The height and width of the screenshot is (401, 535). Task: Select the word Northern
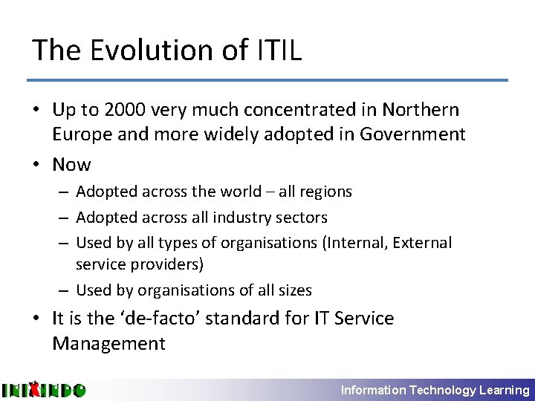coord(421,110)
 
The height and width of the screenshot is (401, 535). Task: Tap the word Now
coord(71,165)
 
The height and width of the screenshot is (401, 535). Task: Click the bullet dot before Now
coord(37,165)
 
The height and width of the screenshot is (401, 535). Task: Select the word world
coord(241,192)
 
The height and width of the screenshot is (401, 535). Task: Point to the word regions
coord(324,192)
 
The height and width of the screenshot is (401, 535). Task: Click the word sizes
coord(293,290)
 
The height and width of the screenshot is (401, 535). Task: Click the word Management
coord(108,344)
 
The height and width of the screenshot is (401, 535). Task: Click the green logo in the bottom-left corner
coord(43,389)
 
